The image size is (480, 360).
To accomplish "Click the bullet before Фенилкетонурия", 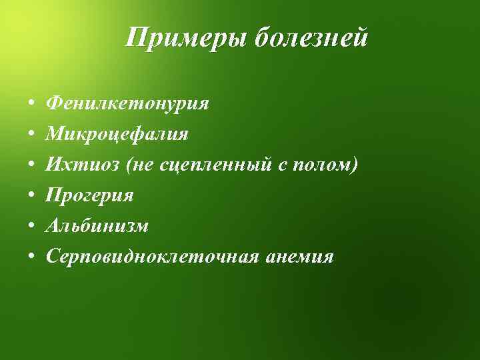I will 32,105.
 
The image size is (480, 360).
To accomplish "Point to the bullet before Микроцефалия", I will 32,136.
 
